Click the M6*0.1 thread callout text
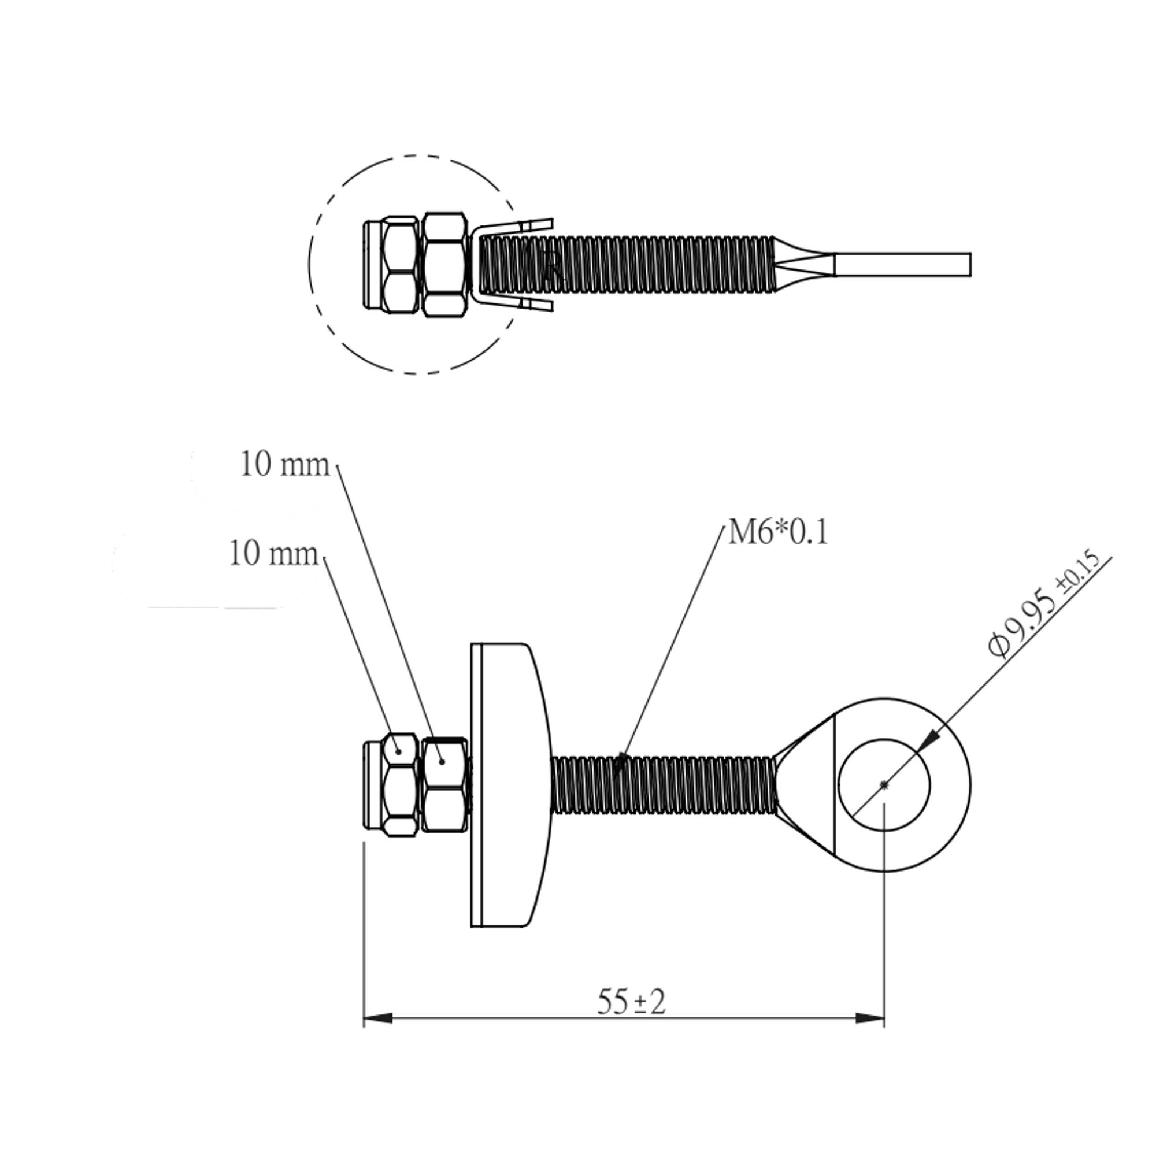point(778,532)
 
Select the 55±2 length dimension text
point(631,1002)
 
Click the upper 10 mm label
point(284,464)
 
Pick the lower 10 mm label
point(273,554)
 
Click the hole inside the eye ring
point(884,785)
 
